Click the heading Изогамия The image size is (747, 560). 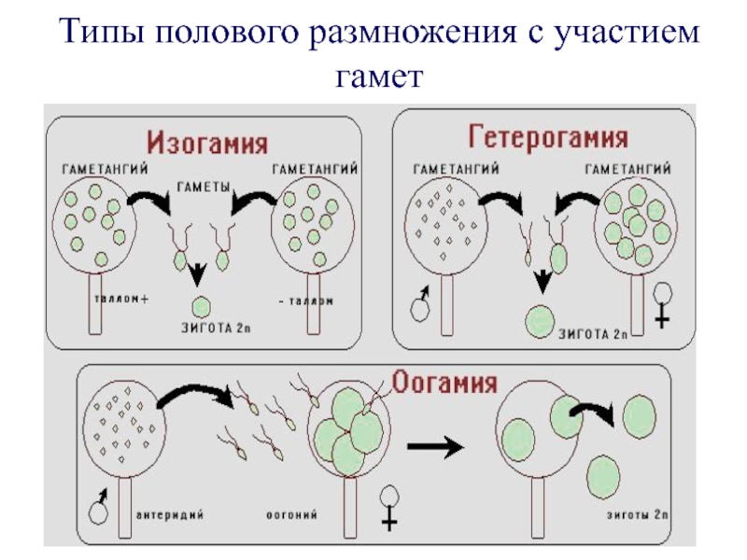click(x=207, y=145)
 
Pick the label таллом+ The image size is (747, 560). click(x=121, y=301)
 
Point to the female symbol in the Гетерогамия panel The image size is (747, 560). click(x=663, y=305)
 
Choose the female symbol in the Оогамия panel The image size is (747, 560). click(x=390, y=505)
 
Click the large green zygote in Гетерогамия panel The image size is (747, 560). click(x=540, y=321)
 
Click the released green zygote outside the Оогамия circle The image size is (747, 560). click(x=639, y=416)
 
